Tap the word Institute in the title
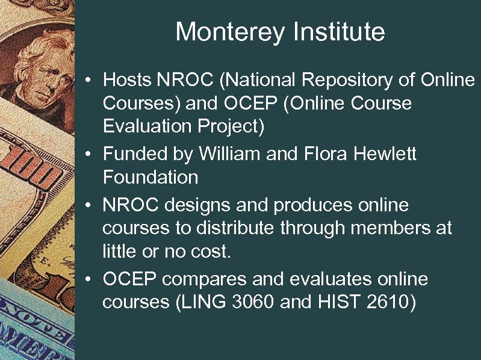(x=337, y=32)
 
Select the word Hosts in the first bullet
(x=127, y=79)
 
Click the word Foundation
(x=151, y=178)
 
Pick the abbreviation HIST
(x=335, y=303)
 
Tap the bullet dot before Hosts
(x=88, y=81)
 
